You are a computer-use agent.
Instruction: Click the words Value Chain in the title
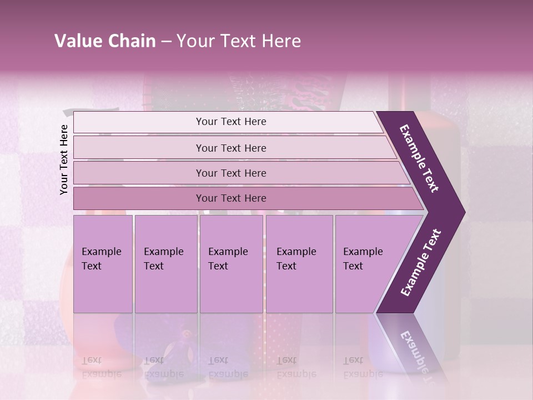pos(105,41)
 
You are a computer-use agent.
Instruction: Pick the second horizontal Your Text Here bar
pos(231,148)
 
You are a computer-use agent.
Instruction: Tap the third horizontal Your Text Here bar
pos(231,173)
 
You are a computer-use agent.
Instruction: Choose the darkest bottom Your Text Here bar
pos(231,198)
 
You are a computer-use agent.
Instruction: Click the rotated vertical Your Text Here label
pos(64,159)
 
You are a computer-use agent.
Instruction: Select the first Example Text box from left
pos(103,264)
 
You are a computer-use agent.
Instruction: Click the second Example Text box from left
pos(165,264)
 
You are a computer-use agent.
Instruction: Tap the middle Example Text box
pos(231,264)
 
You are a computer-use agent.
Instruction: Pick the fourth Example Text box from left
pos(299,264)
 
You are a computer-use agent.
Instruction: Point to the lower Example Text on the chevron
pos(421,262)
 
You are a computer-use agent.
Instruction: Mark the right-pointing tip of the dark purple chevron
pos(464,212)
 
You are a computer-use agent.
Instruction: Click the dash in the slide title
pos(166,41)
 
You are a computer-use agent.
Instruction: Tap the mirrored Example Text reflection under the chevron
pos(416,350)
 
